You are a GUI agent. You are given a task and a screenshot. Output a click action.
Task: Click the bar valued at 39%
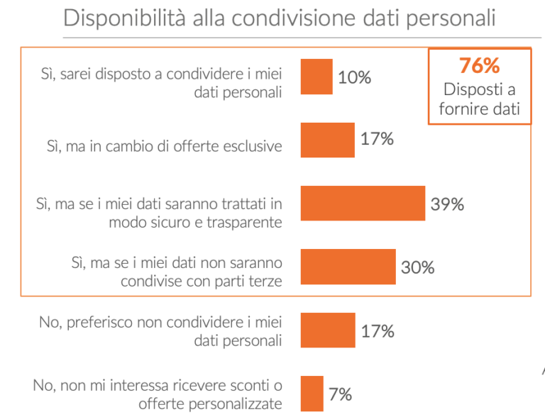pyautogui.click(x=363, y=204)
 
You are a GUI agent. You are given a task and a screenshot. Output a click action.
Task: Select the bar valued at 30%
pyautogui.click(x=348, y=267)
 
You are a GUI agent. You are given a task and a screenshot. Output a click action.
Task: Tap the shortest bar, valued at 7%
pyautogui.click(x=312, y=394)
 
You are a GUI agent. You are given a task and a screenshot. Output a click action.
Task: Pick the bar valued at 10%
pyautogui.click(x=316, y=77)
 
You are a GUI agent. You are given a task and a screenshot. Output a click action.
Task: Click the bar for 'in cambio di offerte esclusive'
pyautogui.click(x=327, y=140)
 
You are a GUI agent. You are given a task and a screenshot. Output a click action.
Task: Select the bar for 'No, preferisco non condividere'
pyautogui.click(x=327, y=330)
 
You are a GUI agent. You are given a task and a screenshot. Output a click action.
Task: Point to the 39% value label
pyautogui.click(x=447, y=204)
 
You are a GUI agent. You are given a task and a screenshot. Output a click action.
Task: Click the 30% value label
pyautogui.click(x=417, y=267)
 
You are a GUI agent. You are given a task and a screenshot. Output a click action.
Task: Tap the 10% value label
pyautogui.click(x=354, y=77)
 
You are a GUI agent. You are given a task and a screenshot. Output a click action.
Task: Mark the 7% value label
pyautogui.click(x=340, y=394)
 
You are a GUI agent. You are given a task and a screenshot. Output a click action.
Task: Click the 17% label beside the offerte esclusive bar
pyautogui.click(x=377, y=139)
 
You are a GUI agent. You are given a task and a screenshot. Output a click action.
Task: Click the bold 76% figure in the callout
pyautogui.click(x=479, y=67)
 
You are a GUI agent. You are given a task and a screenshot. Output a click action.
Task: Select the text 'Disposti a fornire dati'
pyautogui.click(x=479, y=99)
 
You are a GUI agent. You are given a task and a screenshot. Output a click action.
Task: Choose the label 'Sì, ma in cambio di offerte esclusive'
pyautogui.click(x=164, y=146)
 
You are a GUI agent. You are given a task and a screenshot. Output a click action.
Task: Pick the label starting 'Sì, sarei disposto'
pyautogui.click(x=160, y=82)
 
